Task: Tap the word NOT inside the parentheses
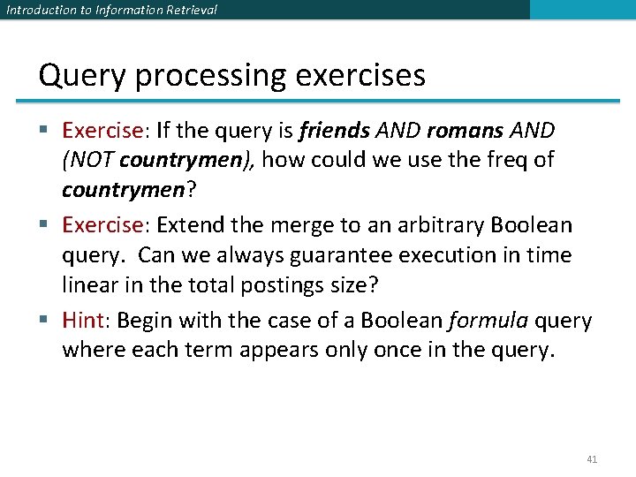(91, 161)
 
